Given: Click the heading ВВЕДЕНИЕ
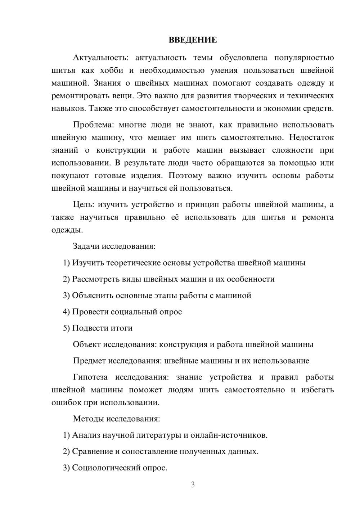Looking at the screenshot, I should (x=193, y=40).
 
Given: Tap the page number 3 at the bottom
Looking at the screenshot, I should (x=193, y=485).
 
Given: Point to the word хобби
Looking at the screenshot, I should (x=111, y=70).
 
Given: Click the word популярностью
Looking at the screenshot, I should (x=304, y=58).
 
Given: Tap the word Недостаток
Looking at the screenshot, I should (x=311, y=138).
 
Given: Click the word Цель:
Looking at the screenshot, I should (x=84, y=204).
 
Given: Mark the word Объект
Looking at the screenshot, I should (x=87, y=344).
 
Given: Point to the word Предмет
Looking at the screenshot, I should (x=89, y=361).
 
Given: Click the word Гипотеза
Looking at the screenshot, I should (x=90, y=377).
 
